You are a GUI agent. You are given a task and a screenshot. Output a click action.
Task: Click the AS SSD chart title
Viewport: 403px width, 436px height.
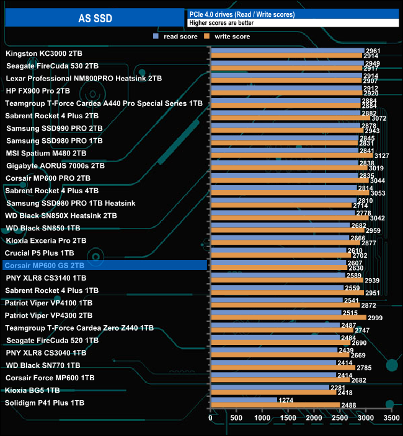click(95, 18)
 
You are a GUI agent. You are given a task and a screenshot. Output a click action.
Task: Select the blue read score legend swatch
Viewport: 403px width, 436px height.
click(156, 37)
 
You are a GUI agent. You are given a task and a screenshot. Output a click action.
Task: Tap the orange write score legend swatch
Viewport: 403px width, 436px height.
click(208, 37)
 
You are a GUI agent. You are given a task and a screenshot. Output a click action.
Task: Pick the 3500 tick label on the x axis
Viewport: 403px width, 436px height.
click(391, 419)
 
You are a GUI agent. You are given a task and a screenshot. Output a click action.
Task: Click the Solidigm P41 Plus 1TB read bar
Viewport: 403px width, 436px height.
click(244, 400)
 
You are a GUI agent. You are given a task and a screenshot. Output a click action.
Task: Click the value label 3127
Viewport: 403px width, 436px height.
click(381, 156)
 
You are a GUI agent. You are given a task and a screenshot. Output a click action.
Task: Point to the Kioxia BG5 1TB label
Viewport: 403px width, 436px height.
click(32, 390)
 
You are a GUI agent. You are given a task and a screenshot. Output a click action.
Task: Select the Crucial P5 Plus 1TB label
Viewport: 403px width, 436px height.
click(40, 253)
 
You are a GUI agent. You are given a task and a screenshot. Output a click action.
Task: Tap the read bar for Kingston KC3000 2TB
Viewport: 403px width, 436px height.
click(287, 51)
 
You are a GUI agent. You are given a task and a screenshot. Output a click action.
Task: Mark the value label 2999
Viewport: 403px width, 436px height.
click(375, 318)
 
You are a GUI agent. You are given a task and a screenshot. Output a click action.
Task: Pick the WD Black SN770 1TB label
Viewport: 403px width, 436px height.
click(43, 365)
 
